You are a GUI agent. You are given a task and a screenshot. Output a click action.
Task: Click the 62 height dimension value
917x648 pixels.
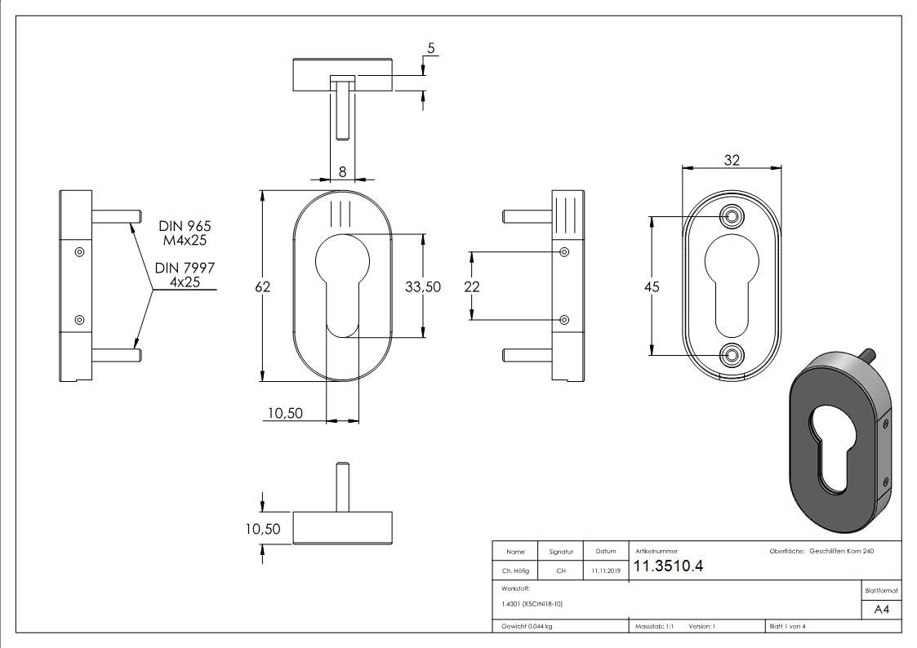click(x=263, y=286)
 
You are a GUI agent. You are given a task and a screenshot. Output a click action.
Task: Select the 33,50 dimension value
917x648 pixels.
click(x=423, y=286)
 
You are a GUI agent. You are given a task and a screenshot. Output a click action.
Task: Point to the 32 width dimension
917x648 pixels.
click(x=731, y=161)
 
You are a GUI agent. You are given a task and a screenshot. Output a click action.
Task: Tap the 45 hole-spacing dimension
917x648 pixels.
click(x=652, y=287)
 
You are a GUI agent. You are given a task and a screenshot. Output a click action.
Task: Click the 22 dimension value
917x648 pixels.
click(x=471, y=286)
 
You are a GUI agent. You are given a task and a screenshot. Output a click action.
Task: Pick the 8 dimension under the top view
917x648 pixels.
click(x=342, y=171)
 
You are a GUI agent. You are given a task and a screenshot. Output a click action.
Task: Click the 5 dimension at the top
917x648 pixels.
click(x=430, y=48)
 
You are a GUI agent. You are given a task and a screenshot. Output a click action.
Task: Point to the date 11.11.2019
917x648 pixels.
click(x=607, y=571)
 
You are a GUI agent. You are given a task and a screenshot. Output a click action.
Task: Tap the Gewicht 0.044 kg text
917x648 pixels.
click(x=523, y=627)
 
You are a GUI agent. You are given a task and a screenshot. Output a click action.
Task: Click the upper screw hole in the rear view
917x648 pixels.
click(x=732, y=215)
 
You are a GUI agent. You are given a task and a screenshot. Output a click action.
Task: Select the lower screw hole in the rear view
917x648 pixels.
click(x=732, y=354)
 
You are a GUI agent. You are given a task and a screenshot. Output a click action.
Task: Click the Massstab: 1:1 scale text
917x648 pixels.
click(x=654, y=627)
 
